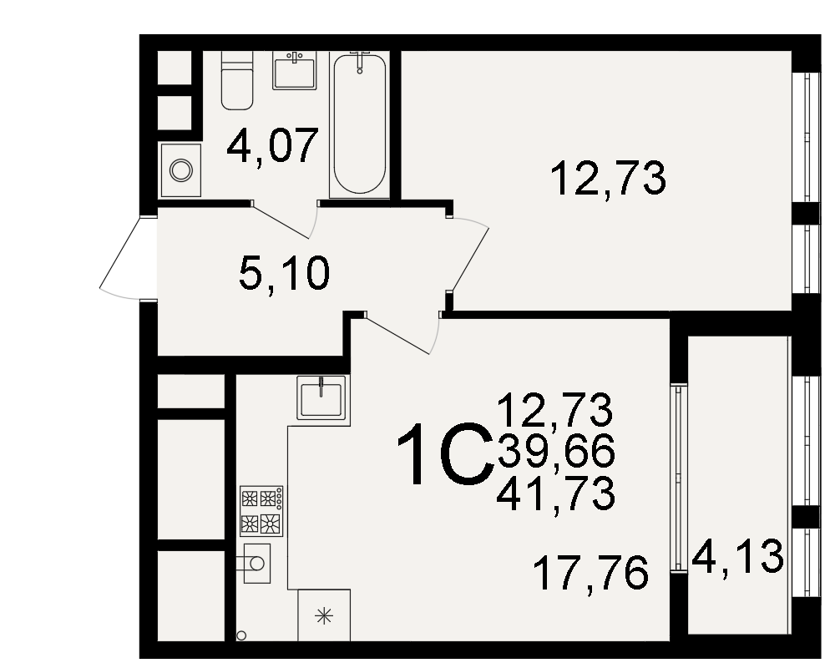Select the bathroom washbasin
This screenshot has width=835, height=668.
click(x=295, y=70)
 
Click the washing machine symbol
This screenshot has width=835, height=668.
click(x=180, y=170)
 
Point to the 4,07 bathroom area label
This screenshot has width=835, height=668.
click(x=272, y=146)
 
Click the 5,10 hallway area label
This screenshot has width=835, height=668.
click(x=284, y=273)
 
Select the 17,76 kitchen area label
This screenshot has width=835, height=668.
click(x=590, y=573)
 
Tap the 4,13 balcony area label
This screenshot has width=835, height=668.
click(x=738, y=557)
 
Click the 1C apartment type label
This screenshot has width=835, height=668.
click(x=443, y=454)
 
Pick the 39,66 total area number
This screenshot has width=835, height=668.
click(x=556, y=451)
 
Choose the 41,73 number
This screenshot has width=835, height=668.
click(x=556, y=493)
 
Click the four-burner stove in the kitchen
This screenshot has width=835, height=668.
click(x=261, y=511)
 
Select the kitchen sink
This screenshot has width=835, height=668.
click(x=321, y=397)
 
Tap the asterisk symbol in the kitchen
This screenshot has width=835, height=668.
click(x=324, y=617)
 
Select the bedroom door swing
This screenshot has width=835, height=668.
click(x=468, y=256)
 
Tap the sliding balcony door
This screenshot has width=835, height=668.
click(x=678, y=478)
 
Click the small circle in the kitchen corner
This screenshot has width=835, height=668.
click(x=241, y=635)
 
